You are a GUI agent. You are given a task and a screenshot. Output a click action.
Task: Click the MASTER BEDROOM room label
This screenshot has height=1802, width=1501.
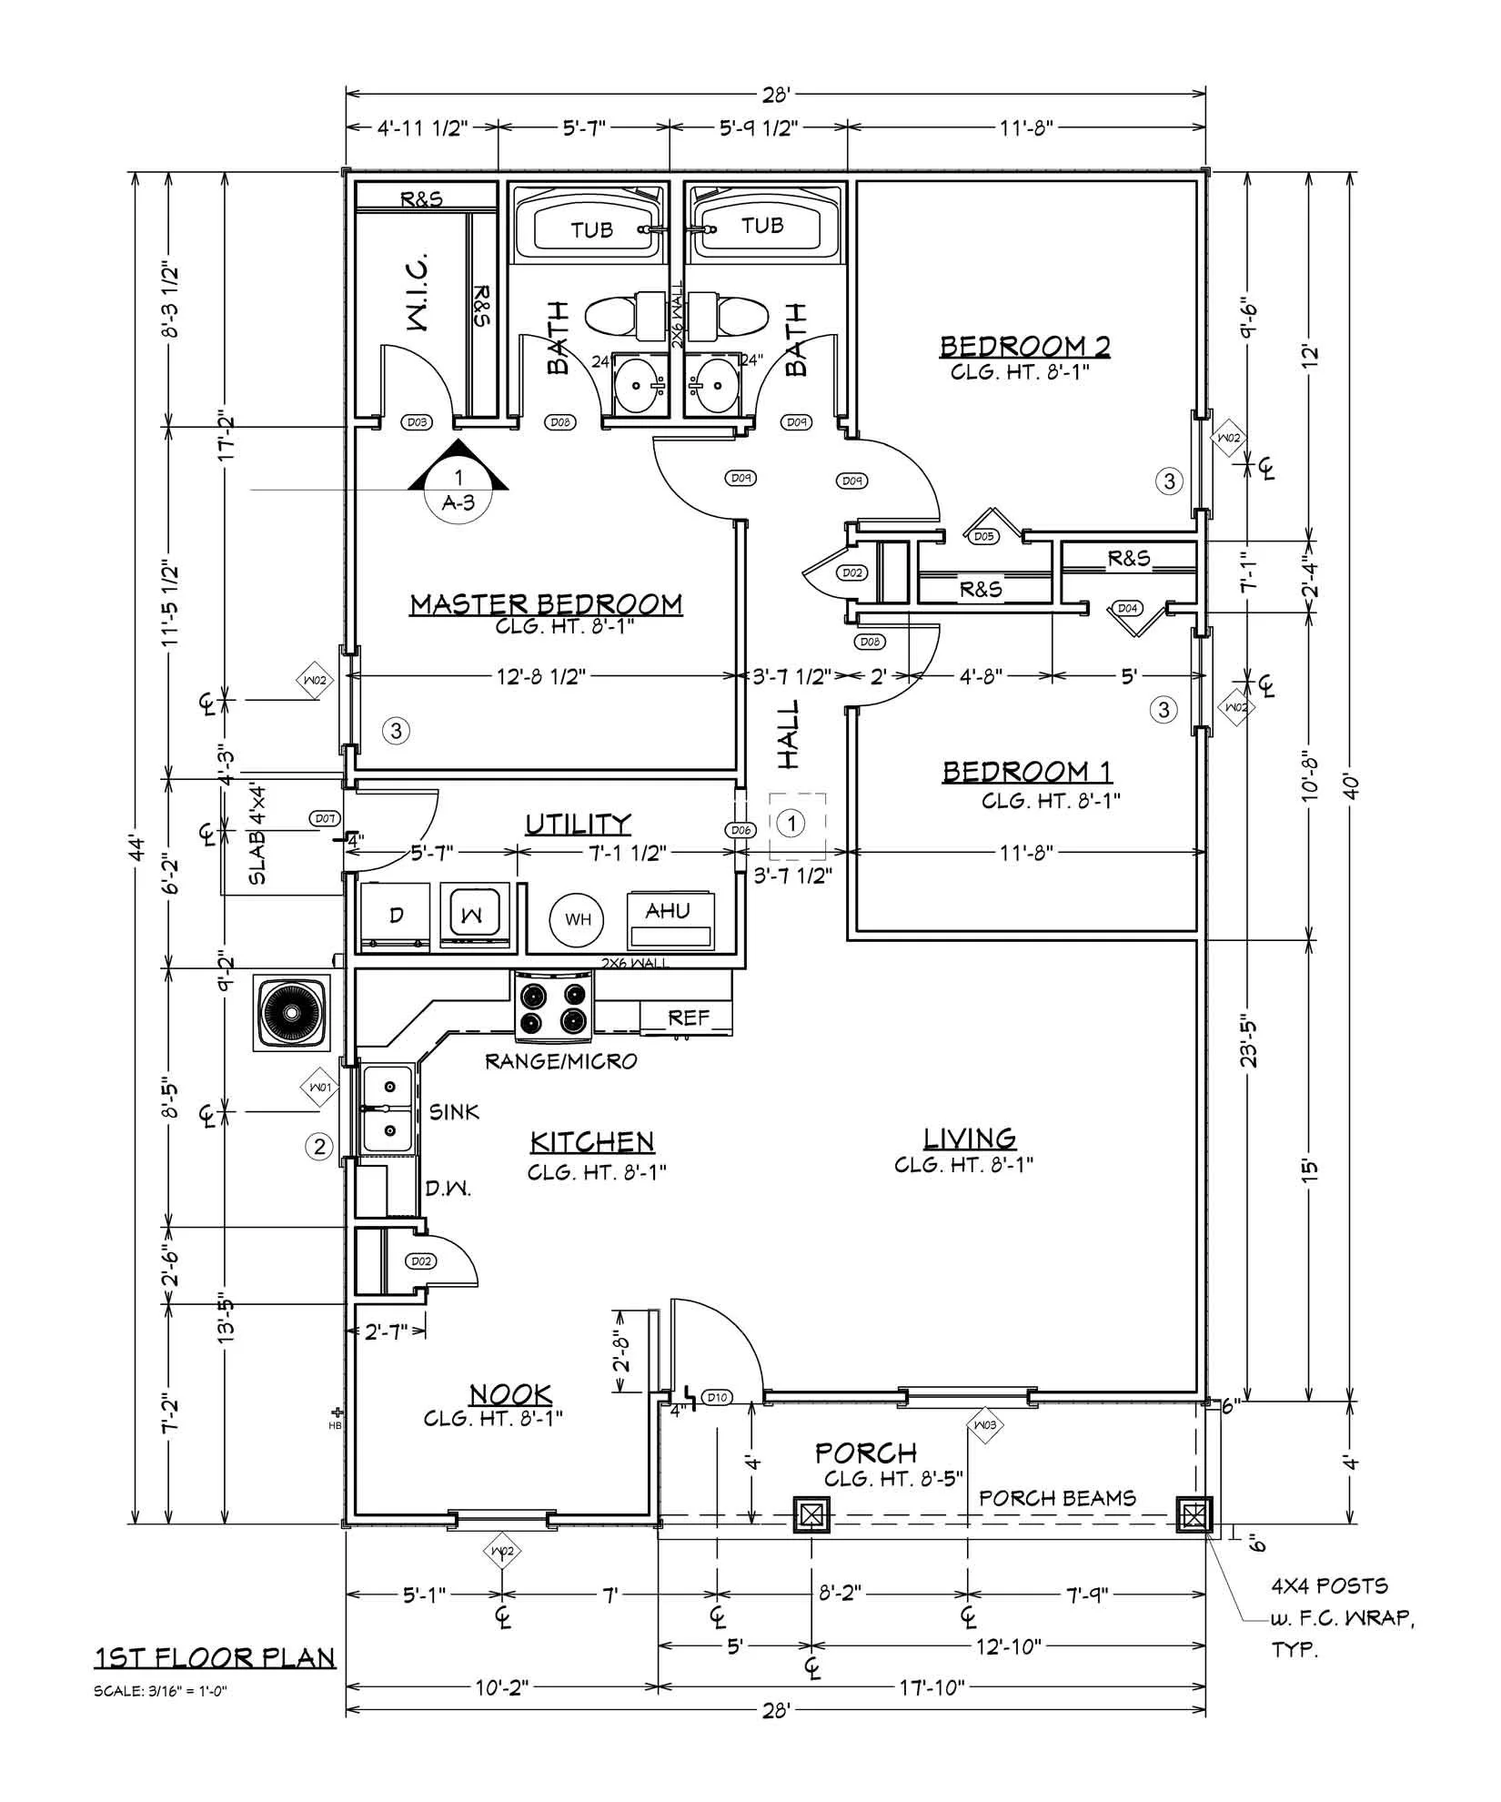(546, 604)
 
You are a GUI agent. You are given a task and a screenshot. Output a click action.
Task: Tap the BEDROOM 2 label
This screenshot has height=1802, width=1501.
(1024, 347)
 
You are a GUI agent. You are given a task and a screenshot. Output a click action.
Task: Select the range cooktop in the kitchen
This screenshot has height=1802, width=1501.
(554, 1006)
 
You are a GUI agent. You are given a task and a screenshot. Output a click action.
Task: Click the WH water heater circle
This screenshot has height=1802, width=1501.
(578, 919)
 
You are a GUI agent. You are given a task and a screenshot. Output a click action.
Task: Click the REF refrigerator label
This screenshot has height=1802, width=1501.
(688, 1017)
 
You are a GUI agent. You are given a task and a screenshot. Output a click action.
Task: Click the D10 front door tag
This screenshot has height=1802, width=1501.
(717, 1397)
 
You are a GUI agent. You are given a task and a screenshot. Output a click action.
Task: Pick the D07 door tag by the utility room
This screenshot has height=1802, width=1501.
(325, 818)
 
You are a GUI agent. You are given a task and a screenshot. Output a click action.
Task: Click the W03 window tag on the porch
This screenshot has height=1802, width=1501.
(984, 1424)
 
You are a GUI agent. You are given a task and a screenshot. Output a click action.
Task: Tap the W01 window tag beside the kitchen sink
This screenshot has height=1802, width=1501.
(318, 1088)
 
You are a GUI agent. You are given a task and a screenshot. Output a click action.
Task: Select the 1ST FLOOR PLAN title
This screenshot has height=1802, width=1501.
(216, 1658)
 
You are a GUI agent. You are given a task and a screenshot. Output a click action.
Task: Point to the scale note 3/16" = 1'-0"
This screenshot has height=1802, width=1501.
(160, 1692)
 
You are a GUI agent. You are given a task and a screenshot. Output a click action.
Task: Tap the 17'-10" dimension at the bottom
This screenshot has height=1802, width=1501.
(933, 1688)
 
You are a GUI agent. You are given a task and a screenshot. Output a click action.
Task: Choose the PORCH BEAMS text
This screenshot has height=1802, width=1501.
(1057, 1497)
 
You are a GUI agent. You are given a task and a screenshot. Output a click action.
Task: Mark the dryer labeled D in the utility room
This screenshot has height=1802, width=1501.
(396, 916)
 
